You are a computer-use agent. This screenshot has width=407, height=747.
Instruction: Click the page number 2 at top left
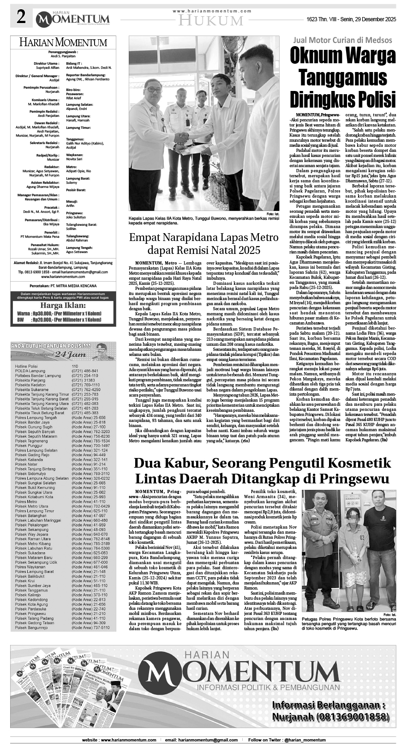click(21, 18)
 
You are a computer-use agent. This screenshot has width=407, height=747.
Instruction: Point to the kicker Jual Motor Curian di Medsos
click(342, 40)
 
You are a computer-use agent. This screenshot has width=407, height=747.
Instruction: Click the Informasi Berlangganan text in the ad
click(328, 705)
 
